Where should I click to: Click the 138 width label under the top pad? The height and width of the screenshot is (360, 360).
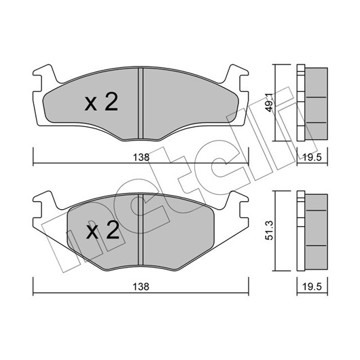click(141, 158)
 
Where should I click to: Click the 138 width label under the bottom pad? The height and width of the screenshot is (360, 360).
click(141, 287)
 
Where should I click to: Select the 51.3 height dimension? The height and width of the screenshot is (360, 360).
click(270, 230)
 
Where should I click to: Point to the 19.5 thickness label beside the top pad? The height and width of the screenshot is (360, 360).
click(312, 158)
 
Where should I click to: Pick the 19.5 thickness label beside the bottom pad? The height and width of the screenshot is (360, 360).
click(312, 287)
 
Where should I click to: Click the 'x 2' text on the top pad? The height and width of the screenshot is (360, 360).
click(101, 103)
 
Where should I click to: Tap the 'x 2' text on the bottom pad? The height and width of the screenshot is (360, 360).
click(103, 230)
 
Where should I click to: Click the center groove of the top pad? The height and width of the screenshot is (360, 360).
click(141, 103)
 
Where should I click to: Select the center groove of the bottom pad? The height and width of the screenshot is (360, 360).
click(141, 230)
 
